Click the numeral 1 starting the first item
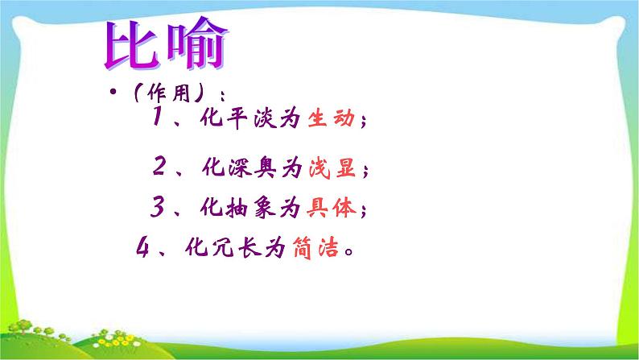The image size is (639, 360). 154,122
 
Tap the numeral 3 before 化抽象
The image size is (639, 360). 156,209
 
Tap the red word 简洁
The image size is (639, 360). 315,249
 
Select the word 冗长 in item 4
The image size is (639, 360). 233,249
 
